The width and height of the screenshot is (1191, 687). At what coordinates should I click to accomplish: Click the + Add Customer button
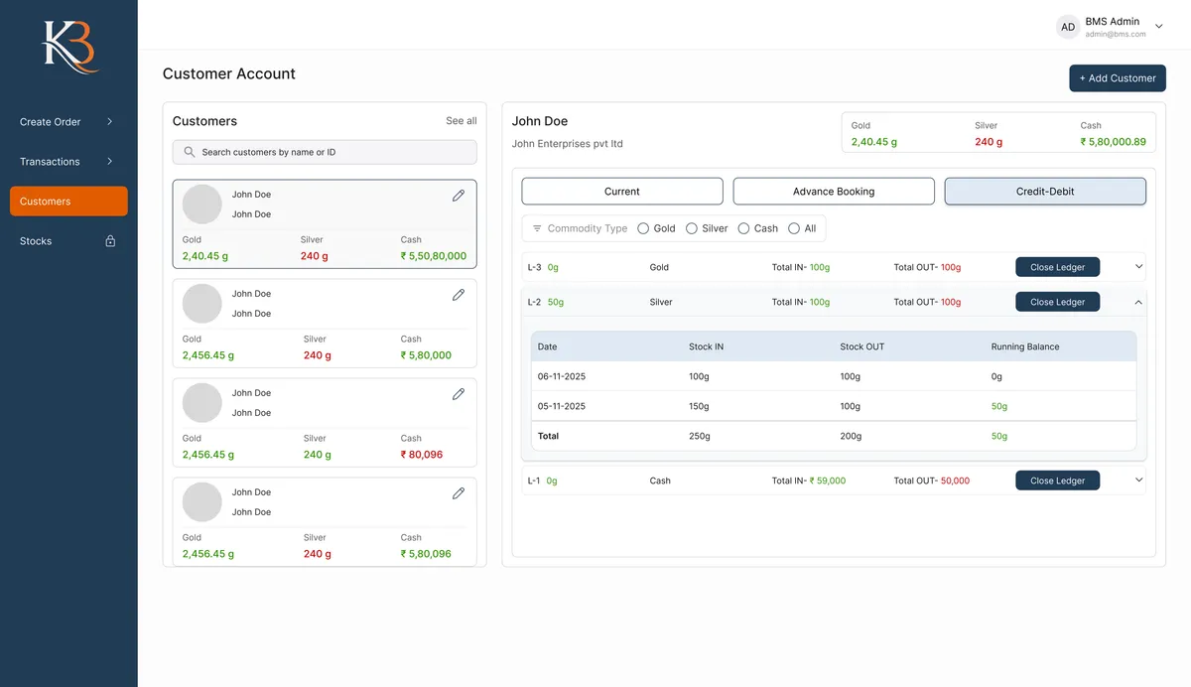[x=1117, y=78]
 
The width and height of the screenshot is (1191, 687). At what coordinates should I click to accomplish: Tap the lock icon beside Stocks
[x=110, y=241]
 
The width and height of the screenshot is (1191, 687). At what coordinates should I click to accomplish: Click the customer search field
[x=325, y=152]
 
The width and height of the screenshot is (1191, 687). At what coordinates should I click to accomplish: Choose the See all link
[x=461, y=121]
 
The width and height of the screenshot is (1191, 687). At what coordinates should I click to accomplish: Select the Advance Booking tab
[x=834, y=192]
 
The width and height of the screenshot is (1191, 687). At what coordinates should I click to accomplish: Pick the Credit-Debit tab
[x=1045, y=192]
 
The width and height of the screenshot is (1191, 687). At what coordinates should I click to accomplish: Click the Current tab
[x=622, y=192]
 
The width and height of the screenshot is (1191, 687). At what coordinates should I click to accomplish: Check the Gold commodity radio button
[x=643, y=228]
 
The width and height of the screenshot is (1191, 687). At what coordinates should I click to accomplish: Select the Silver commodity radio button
[x=692, y=228]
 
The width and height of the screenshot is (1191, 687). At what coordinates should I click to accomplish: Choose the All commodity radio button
[x=794, y=228]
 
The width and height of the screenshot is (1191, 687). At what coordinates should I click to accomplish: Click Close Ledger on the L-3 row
[x=1057, y=267]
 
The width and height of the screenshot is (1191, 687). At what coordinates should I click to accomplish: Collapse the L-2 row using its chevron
[x=1138, y=302]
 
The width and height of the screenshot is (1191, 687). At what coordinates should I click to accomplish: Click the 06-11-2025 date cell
[x=562, y=376]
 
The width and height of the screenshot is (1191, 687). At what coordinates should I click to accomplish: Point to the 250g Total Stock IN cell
[x=699, y=436]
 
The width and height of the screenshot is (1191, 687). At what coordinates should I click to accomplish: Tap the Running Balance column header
[x=1025, y=346]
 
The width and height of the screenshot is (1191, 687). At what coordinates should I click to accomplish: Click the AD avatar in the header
[x=1068, y=28]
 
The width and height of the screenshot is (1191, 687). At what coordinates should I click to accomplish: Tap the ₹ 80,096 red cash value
[x=422, y=455]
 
